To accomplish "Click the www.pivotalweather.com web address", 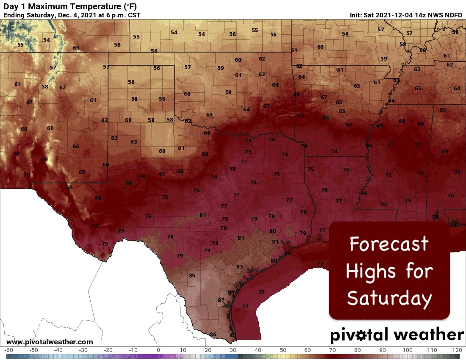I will [x=50, y=342].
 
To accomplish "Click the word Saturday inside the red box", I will [x=389, y=298].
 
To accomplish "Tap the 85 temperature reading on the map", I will [x=192, y=275].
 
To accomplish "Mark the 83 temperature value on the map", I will [x=240, y=266].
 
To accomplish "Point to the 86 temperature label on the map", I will [x=213, y=335].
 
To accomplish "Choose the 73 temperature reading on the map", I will [x=457, y=172].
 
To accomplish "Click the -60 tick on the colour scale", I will [x=9, y=350].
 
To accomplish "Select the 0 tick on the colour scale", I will [x=158, y=350].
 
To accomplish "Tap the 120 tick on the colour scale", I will [x=457, y=350].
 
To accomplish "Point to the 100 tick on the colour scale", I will [x=407, y=350].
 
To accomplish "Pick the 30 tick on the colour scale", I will [x=233, y=350].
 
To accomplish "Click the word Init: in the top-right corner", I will [x=356, y=15].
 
